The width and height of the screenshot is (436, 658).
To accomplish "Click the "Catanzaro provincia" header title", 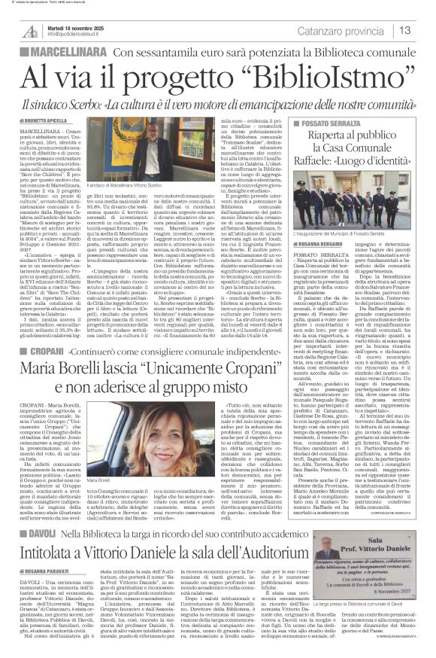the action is (342, 31).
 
